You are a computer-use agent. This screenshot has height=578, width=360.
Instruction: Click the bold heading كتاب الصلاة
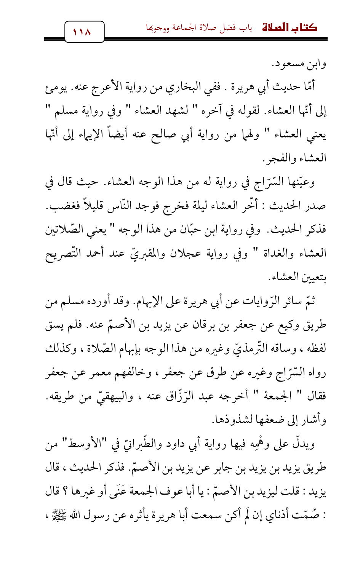[290, 27]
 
